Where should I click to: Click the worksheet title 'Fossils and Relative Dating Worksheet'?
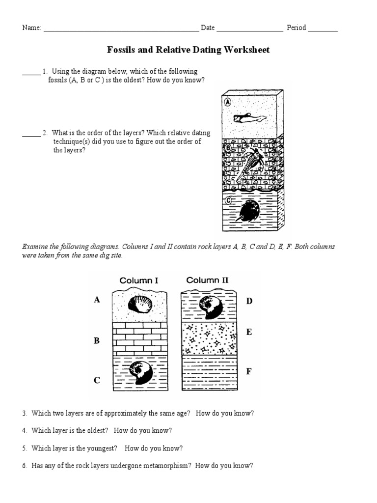[188, 50]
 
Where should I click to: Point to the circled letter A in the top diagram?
[227, 102]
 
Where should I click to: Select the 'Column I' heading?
[139, 280]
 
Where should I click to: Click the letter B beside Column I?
[97, 340]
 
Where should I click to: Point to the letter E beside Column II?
[249, 333]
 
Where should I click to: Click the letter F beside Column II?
[249, 371]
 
